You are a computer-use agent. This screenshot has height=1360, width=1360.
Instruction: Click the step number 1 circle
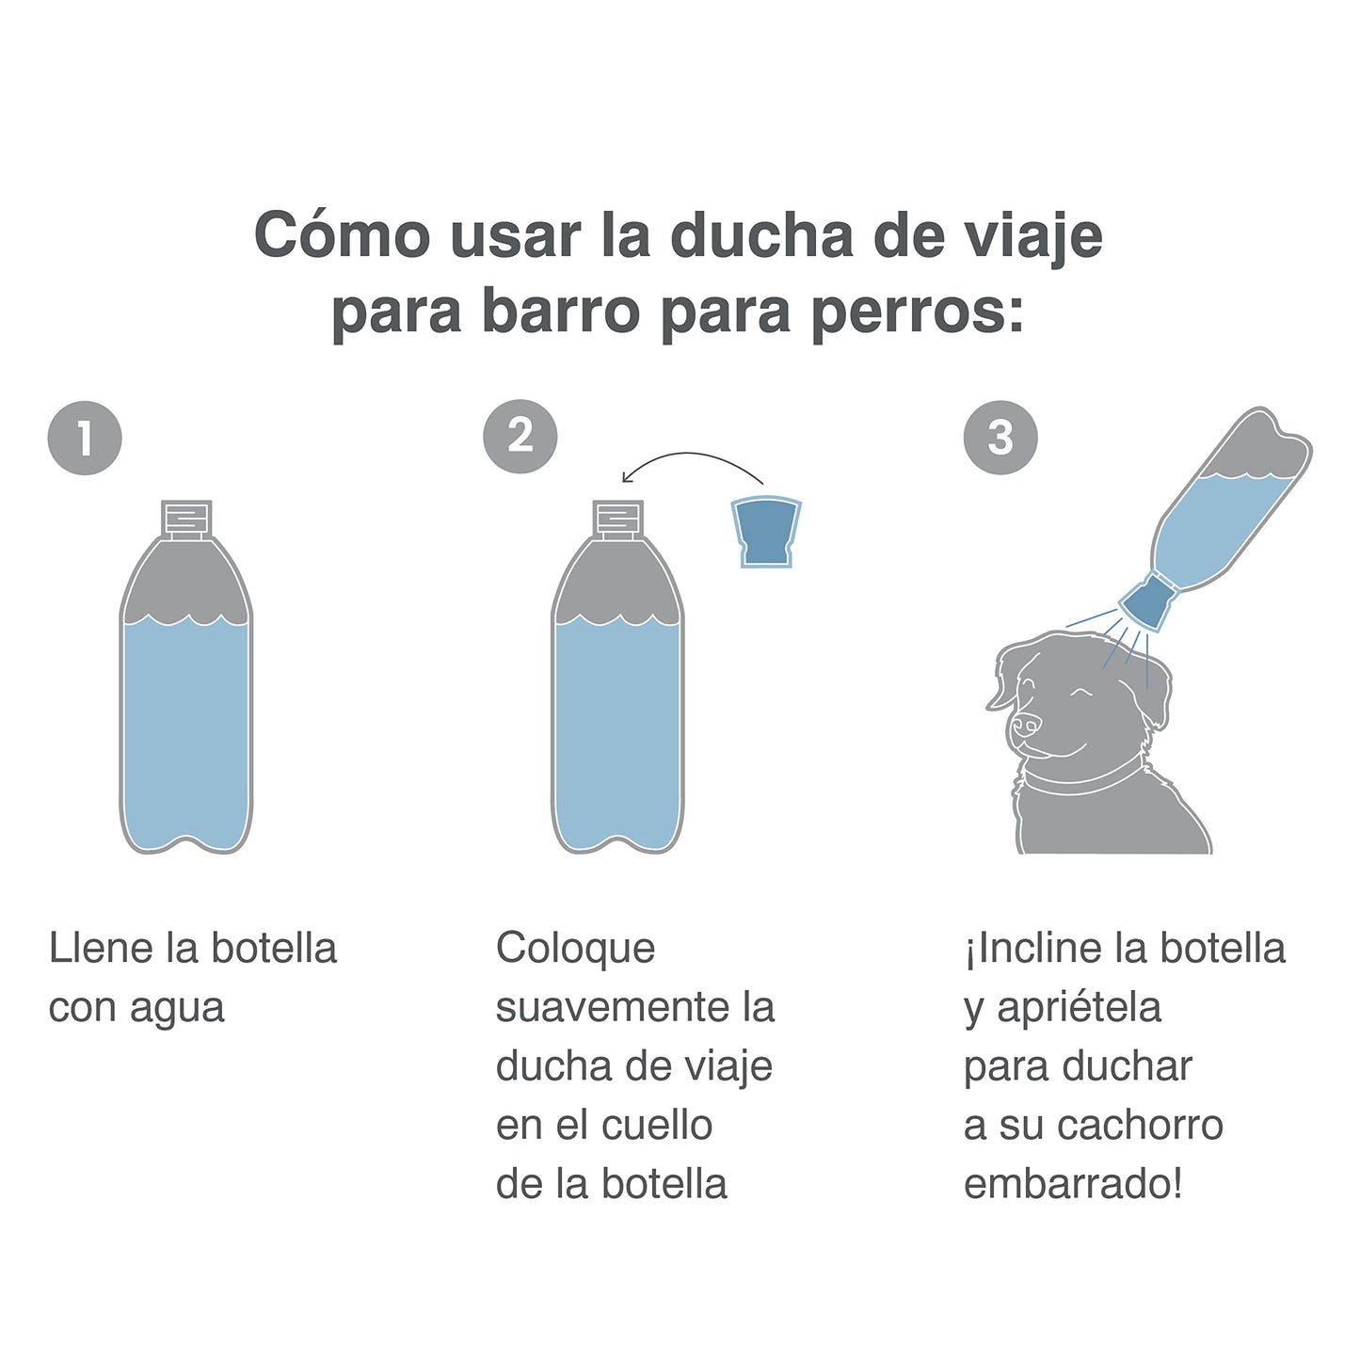coord(85,438)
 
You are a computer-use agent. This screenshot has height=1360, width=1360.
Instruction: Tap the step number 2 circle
coord(520,437)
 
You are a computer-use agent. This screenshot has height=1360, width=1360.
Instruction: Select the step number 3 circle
coord(1000,438)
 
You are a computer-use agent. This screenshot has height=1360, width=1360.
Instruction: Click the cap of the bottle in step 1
coord(186,519)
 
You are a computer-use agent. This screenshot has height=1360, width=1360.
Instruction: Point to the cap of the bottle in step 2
coord(617,519)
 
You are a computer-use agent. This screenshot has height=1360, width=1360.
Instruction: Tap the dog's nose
coord(1024,723)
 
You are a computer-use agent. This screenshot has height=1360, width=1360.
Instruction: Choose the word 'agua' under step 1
coord(177,1008)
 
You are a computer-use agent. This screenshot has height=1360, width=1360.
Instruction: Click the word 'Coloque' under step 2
coord(575,948)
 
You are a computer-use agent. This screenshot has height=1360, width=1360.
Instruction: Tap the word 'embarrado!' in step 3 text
coord(1073,1184)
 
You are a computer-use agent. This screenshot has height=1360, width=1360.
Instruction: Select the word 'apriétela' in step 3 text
coord(1079,1008)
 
